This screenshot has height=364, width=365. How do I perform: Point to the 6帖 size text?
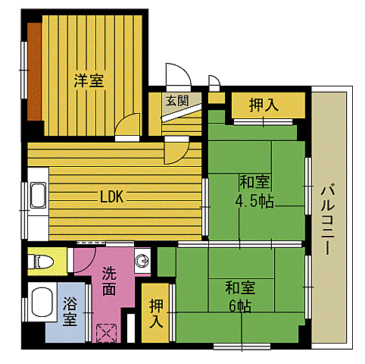(x=240, y=306)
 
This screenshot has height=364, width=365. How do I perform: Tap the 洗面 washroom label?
(x=109, y=282)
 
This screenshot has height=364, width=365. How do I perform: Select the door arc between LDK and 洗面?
(x=90, y=255)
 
